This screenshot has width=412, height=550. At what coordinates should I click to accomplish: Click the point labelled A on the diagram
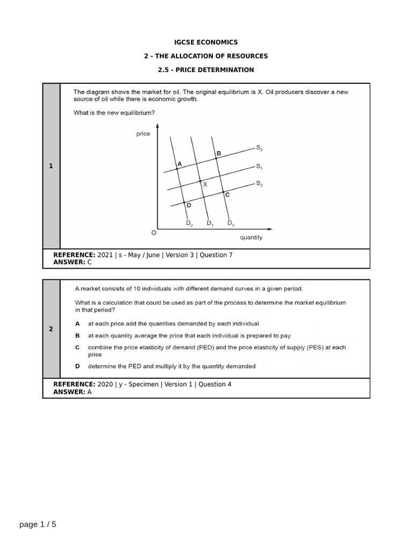178,169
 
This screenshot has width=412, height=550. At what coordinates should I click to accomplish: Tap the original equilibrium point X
201,181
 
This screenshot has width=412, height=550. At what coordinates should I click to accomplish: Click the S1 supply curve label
259,167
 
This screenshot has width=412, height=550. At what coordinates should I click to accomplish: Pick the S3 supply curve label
259,184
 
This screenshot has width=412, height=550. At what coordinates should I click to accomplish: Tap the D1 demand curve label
210,223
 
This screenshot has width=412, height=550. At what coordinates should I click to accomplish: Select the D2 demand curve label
189,223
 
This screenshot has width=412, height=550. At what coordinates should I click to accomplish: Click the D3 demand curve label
230,223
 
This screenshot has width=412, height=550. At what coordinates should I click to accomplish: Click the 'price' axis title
143,134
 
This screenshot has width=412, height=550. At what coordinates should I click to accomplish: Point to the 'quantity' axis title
251,237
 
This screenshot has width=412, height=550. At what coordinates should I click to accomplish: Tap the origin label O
153,233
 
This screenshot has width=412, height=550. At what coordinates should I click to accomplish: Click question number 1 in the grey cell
51,167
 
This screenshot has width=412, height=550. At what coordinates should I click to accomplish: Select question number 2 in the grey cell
51,329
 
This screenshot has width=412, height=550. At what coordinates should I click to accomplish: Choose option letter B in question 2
77,336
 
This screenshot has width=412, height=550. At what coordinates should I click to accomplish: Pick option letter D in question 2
77,366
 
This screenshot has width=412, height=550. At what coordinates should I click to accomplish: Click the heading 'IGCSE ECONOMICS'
206,42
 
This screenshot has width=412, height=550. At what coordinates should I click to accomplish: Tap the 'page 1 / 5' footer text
38,524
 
